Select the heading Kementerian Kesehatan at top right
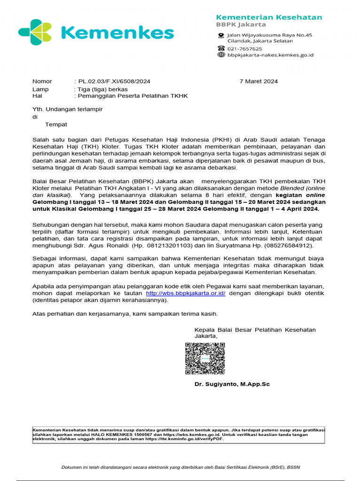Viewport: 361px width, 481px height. point(269,17)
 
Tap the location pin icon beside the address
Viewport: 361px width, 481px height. point(221,36)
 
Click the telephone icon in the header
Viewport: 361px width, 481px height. point(221,48)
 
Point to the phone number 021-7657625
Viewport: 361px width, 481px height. point(245,48)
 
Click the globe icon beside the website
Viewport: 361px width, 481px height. point(221,55)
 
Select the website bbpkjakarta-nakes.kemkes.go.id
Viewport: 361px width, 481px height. point(270,55)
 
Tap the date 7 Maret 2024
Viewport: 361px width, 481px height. point(259,81)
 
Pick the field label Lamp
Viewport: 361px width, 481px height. point(40,89)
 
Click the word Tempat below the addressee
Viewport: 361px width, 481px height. point(56,124)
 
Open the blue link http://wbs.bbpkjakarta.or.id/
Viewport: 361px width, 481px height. point(186,293)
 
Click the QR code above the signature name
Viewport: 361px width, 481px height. point(204,358)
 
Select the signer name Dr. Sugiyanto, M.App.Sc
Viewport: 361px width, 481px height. point(232,384)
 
